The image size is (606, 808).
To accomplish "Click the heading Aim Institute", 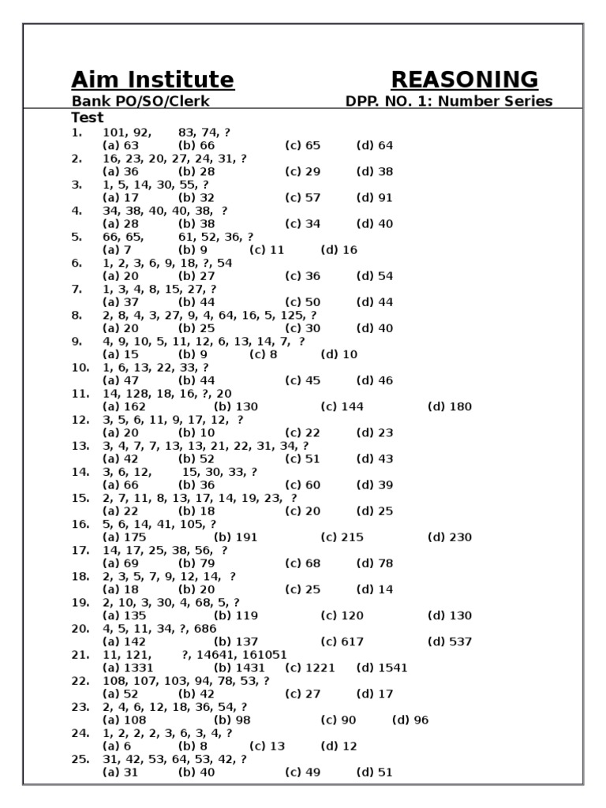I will tap(152, 80).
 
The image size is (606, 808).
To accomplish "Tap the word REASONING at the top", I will tap(464, 80).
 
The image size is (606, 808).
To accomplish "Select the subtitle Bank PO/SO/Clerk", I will tap(140, 102).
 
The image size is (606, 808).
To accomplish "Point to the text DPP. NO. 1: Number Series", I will tap(449, 102).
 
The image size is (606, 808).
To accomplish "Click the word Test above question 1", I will tap(88, 118).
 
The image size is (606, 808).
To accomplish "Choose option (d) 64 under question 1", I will tap(374, 146).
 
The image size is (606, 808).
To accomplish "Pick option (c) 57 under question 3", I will tap(303, 198).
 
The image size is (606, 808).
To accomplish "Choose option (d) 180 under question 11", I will tap(450, 407).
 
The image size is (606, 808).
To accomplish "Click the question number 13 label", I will tap(80, 446).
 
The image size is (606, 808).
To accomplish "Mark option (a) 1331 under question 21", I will tap(125, 668).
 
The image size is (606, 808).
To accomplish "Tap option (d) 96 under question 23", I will tap(410, 720).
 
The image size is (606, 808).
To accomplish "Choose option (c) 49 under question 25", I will tap(303, 772).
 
